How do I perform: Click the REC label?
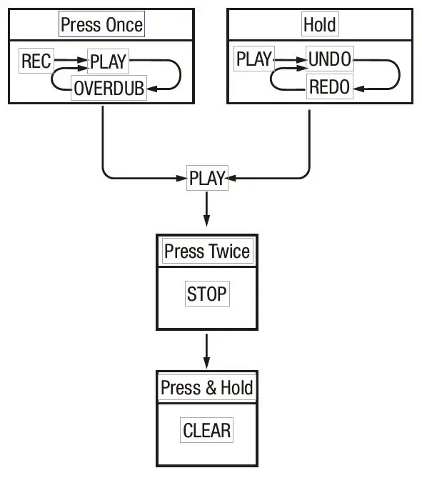[x=36, y=61]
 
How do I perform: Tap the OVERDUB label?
[x=109, y=89]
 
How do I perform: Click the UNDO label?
[x=329, y=60]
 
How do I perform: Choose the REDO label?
[x=329, y=87]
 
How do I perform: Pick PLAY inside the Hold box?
[x=253, y=60]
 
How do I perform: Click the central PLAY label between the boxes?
[x=207, y=178]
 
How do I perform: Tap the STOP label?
[x=206, y=294]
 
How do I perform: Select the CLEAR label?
[x=206, y=431]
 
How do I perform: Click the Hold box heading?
[x=319, y=25]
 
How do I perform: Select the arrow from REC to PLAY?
[x=70, y=61]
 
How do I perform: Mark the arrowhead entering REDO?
[x=358, y=88]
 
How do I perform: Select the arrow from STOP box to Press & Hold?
[x=206, y=349]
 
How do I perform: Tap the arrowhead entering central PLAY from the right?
[x=233, y=177]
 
